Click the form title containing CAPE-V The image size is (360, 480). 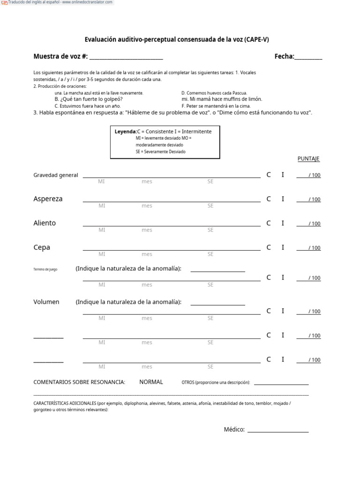(x=177, y=40)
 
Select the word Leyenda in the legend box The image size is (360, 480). (x=125, y=132)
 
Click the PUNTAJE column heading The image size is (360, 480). (x=308, y=159)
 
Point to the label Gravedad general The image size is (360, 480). (x=56, y=175)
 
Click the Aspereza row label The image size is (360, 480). (x=48, y=199)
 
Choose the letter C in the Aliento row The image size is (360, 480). (x=269, y=223)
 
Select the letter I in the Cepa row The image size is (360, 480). (x=283, y=247)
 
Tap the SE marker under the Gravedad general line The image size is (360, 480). (x=210, y=181)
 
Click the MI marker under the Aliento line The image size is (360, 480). (x=102, y=230)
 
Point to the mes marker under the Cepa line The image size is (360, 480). (x=147, y=255)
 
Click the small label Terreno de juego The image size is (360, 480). (x=45, y=270)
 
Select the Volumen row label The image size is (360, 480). (x=46, y=302)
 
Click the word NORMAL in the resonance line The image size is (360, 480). (x=151, y=382)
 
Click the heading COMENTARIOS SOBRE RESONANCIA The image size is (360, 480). (x=79, y=382)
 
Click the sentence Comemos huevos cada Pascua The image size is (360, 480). (x=214, y=93)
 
